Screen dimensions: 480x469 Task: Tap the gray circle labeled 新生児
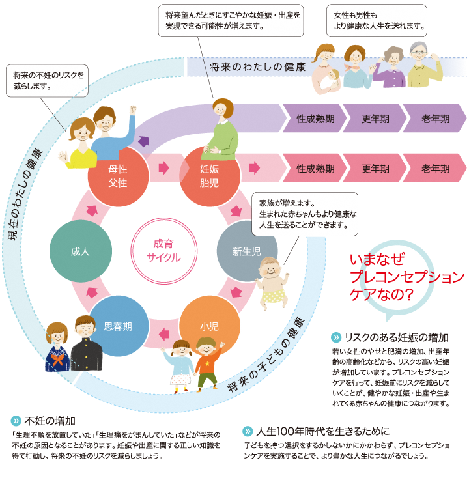pyautogui.click(x=246, y=251)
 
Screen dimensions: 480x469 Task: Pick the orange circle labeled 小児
pyautogui.click(x=210, y=326)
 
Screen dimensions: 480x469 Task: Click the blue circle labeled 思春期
pyautogui.click(x=119, y=326)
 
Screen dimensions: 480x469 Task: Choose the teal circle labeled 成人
pyautogui.click(x=81, y=251)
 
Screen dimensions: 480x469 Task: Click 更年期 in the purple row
pyautogui.click(x=375, y=119)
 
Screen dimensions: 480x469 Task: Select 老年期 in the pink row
pyautogui.click(x=435, y=168)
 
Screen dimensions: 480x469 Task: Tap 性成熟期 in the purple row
pyautogui.click(x=315, y=119)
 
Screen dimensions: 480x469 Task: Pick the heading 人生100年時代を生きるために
pyautogui.click(x=322, y=431)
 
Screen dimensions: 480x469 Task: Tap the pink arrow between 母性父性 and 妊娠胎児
pyautogui.click(x=164, y=168)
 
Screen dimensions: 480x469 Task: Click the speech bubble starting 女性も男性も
pyautogui.click(x=377, y=21)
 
